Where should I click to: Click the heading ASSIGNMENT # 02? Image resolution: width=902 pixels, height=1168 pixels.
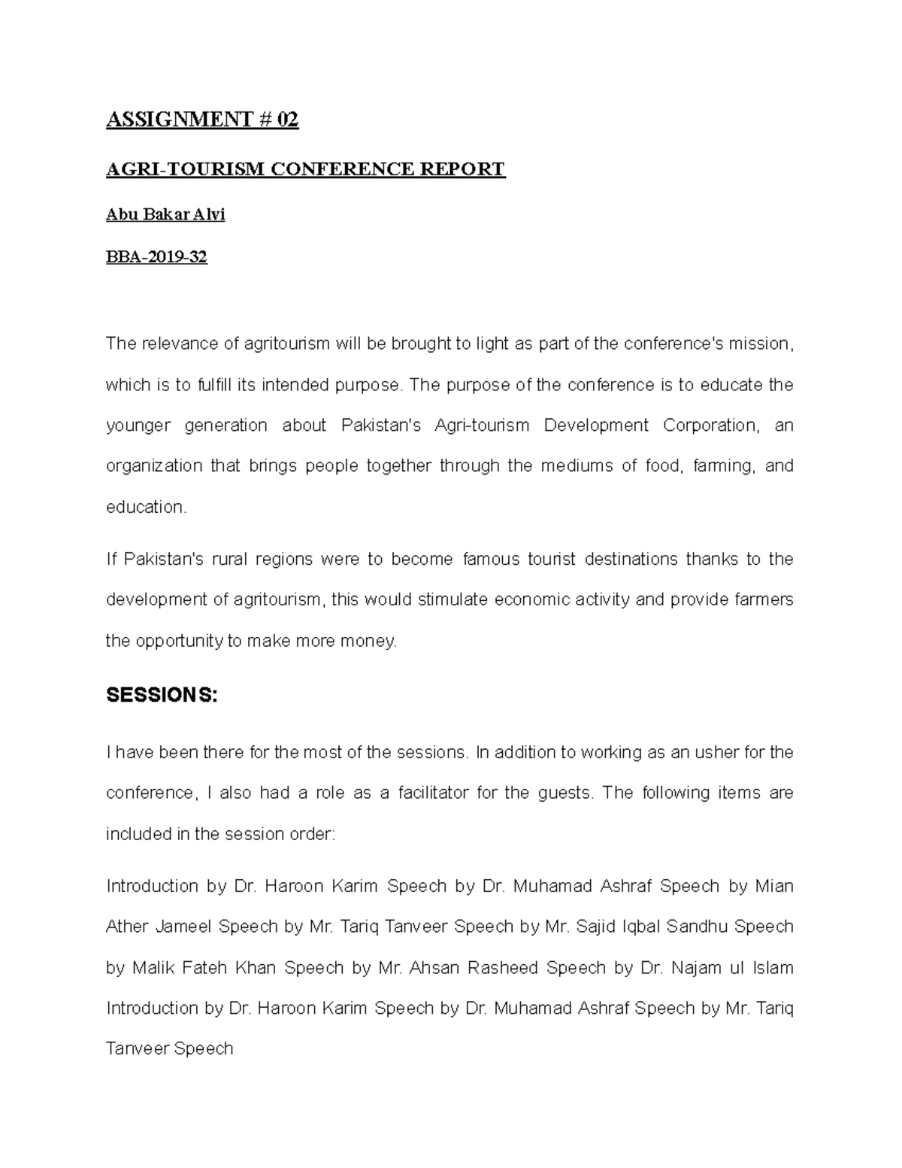click(x=202, y=120)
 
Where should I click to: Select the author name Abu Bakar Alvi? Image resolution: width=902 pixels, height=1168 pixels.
click(x=165, y=214)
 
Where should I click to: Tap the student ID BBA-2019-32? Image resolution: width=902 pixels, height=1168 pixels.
click(x=156, y=257)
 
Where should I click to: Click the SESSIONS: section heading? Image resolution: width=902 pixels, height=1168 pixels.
click(x=162, y=696)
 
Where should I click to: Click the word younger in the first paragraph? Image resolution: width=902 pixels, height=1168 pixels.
click(x=138, y=426)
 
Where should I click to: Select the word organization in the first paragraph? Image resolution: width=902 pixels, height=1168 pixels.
click(x=154, y=466)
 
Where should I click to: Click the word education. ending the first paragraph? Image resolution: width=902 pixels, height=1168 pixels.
click(x=146, y=507)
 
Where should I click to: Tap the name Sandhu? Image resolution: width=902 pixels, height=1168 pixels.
click(x=698, y=927)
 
